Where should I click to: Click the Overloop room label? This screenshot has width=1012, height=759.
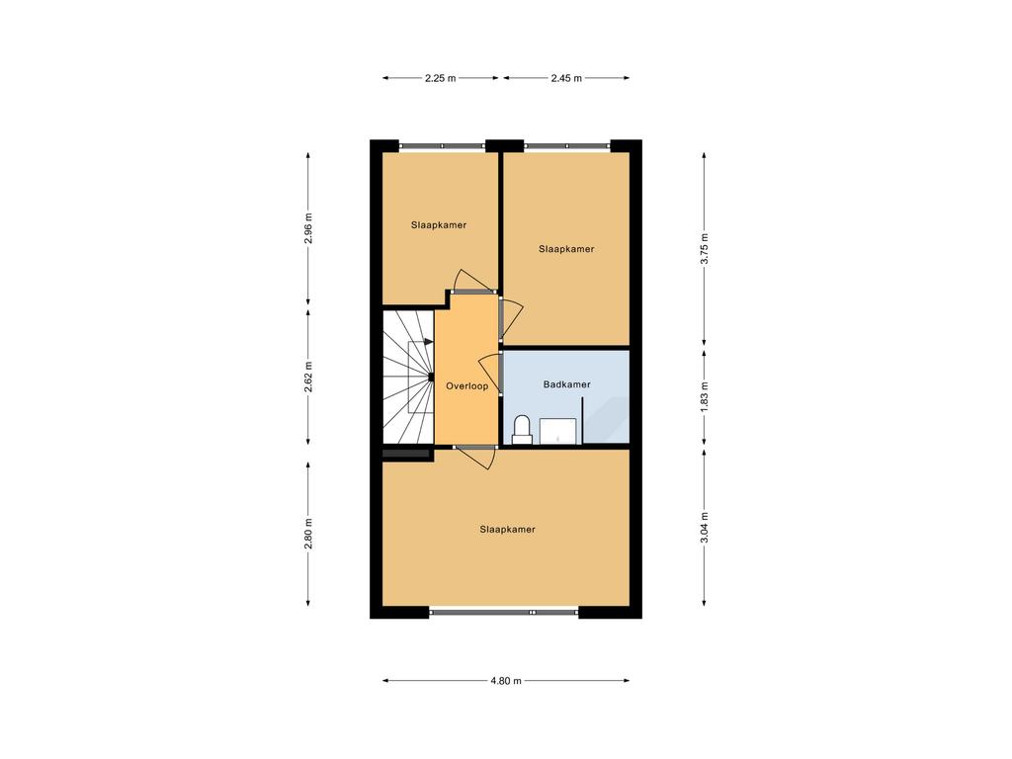point(466,386)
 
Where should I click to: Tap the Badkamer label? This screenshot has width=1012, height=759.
point(566,384)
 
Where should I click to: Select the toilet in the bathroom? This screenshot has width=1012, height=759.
point(522,430)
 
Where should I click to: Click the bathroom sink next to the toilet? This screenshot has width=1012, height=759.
point(558,431)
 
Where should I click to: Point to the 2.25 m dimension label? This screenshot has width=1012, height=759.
point(440,78)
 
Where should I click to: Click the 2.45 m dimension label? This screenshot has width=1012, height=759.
point(566,78)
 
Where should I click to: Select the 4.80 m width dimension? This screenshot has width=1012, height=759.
point(505,680)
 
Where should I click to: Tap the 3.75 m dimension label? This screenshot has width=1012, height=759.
point(705,249)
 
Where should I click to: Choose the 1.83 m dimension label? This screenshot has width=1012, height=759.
point(705,397)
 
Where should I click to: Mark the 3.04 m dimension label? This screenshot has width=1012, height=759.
point(705,528)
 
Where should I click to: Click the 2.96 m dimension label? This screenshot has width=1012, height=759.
point(308,228)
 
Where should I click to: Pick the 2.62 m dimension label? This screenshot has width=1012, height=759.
point(308,378)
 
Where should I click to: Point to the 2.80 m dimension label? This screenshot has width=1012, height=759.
point(308,534)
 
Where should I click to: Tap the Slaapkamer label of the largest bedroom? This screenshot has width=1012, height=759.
point(507,530)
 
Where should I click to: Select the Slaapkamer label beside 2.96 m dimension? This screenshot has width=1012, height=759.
point(439,225)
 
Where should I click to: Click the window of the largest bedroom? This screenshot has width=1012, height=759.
point(504,612)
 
